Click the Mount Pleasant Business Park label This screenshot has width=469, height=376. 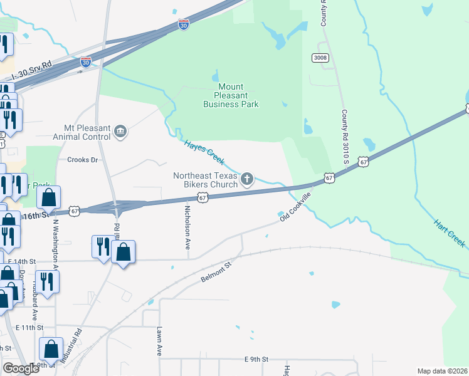click(231, 96)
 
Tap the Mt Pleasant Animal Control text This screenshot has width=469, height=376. click(87, 132)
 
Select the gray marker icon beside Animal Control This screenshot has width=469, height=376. click(120, 132)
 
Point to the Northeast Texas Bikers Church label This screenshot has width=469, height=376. click(206, 180)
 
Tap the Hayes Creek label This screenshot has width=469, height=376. click(204, 152)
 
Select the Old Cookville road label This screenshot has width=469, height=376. click(295, 207)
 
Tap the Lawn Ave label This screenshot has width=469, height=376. click(160, 342)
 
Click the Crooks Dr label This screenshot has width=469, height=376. click(83, 160)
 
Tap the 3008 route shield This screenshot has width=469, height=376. click(320, 58)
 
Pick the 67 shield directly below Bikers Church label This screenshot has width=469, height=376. click(203, 197)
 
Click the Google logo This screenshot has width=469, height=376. click(21, 368)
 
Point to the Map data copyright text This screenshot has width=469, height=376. click(442, 371)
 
